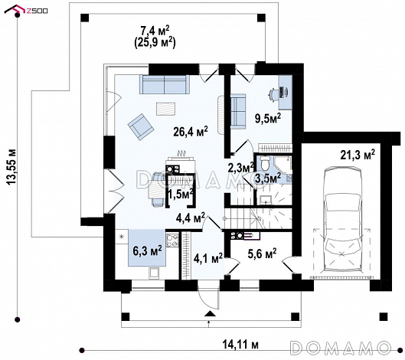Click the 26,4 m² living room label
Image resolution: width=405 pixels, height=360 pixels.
[191, 132]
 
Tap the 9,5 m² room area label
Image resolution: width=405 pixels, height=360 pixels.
[268, 119]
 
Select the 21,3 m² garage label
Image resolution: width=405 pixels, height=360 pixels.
[358, 155]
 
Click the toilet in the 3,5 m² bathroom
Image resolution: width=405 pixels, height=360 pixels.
[265, 163]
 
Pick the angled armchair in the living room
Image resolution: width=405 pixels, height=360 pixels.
[141, 127]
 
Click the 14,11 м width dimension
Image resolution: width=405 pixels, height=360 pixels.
[240, 344]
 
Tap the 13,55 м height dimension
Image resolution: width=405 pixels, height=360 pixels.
[11, 167]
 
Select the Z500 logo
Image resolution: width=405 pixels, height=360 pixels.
[27, 10]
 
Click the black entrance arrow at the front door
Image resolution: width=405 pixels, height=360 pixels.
[210, 313]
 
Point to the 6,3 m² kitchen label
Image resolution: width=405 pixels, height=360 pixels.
[147, 250]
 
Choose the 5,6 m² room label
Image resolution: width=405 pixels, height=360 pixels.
[262, 254]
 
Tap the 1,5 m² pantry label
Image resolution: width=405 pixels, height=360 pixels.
[181, 194]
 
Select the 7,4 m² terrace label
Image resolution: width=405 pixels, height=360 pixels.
[155, 31]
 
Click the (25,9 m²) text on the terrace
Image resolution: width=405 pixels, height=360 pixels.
[155, 42]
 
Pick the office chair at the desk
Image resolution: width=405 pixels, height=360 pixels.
[273, 93]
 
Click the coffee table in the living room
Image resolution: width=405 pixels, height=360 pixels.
[165, 109]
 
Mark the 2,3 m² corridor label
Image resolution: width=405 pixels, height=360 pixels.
[240, 168]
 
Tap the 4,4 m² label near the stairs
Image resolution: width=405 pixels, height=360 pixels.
[191, 218]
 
